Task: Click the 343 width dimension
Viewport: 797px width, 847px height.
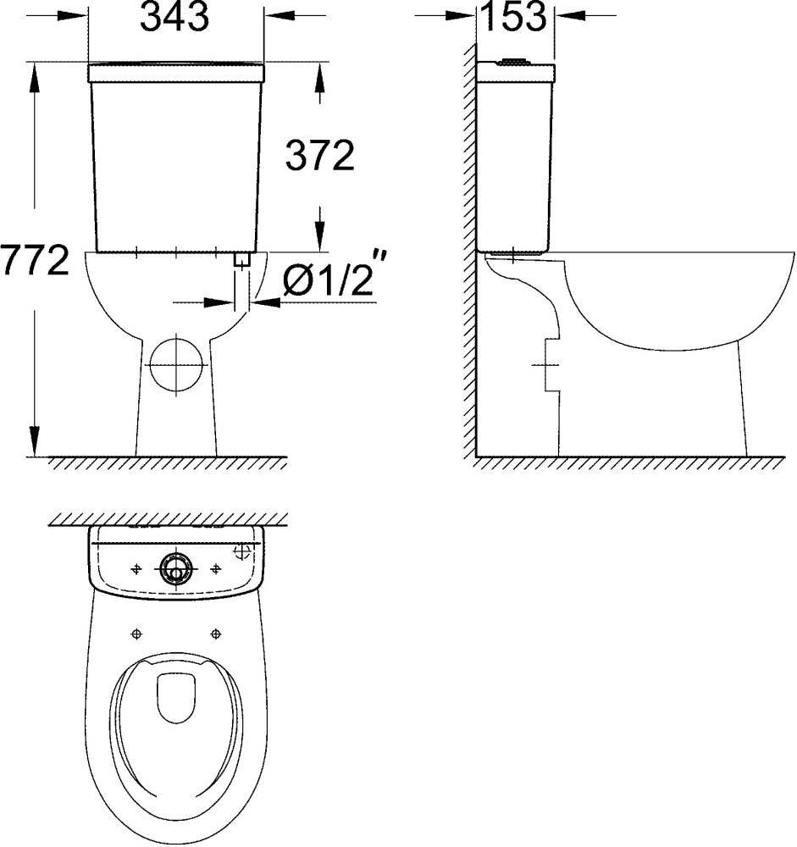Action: (174, 17)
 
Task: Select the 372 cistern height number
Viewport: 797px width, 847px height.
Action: (319, 155)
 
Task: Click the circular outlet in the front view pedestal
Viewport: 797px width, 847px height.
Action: (176, 363)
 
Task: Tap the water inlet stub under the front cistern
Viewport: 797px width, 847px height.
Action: (243, 261)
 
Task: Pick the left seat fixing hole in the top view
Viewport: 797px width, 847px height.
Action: (136, 633)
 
